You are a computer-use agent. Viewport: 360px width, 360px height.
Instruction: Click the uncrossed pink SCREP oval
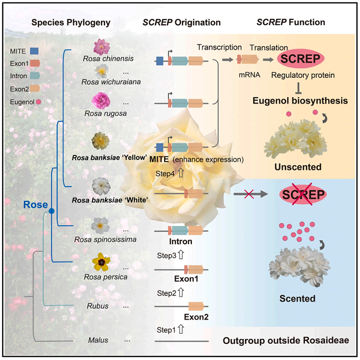(x=301, y=59)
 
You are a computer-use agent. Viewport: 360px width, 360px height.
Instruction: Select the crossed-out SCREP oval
(x=301, y=195)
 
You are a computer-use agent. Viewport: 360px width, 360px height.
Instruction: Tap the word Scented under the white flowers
(x=297, y=298)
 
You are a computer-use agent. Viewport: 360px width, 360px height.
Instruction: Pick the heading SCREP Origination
(x=188, y=22)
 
